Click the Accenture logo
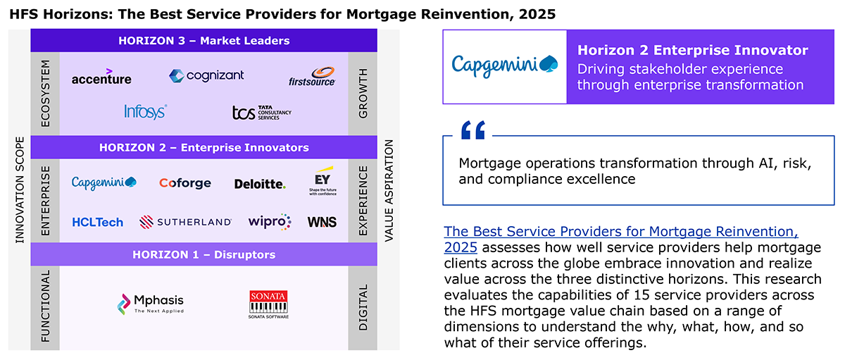point(101,77)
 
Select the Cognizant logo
point(206,76)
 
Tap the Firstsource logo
point(312,77)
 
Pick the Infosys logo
point(146,112)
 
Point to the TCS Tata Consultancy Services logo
point(261,113)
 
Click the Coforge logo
point(184,183)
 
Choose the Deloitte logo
point(260,184)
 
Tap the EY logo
point(323,181)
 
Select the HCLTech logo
point(98,222)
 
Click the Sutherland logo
point(185,222)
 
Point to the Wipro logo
point(269,221)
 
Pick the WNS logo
point(322,222)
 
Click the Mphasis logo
point(151,304)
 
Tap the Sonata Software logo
point(268,304)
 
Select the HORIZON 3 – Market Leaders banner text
point(204,41)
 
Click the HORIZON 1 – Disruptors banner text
point(204,255)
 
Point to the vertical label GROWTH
point(363,93)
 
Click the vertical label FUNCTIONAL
point(45,306)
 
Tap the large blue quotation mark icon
point(473,130)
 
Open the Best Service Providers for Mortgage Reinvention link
point(621,240)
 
